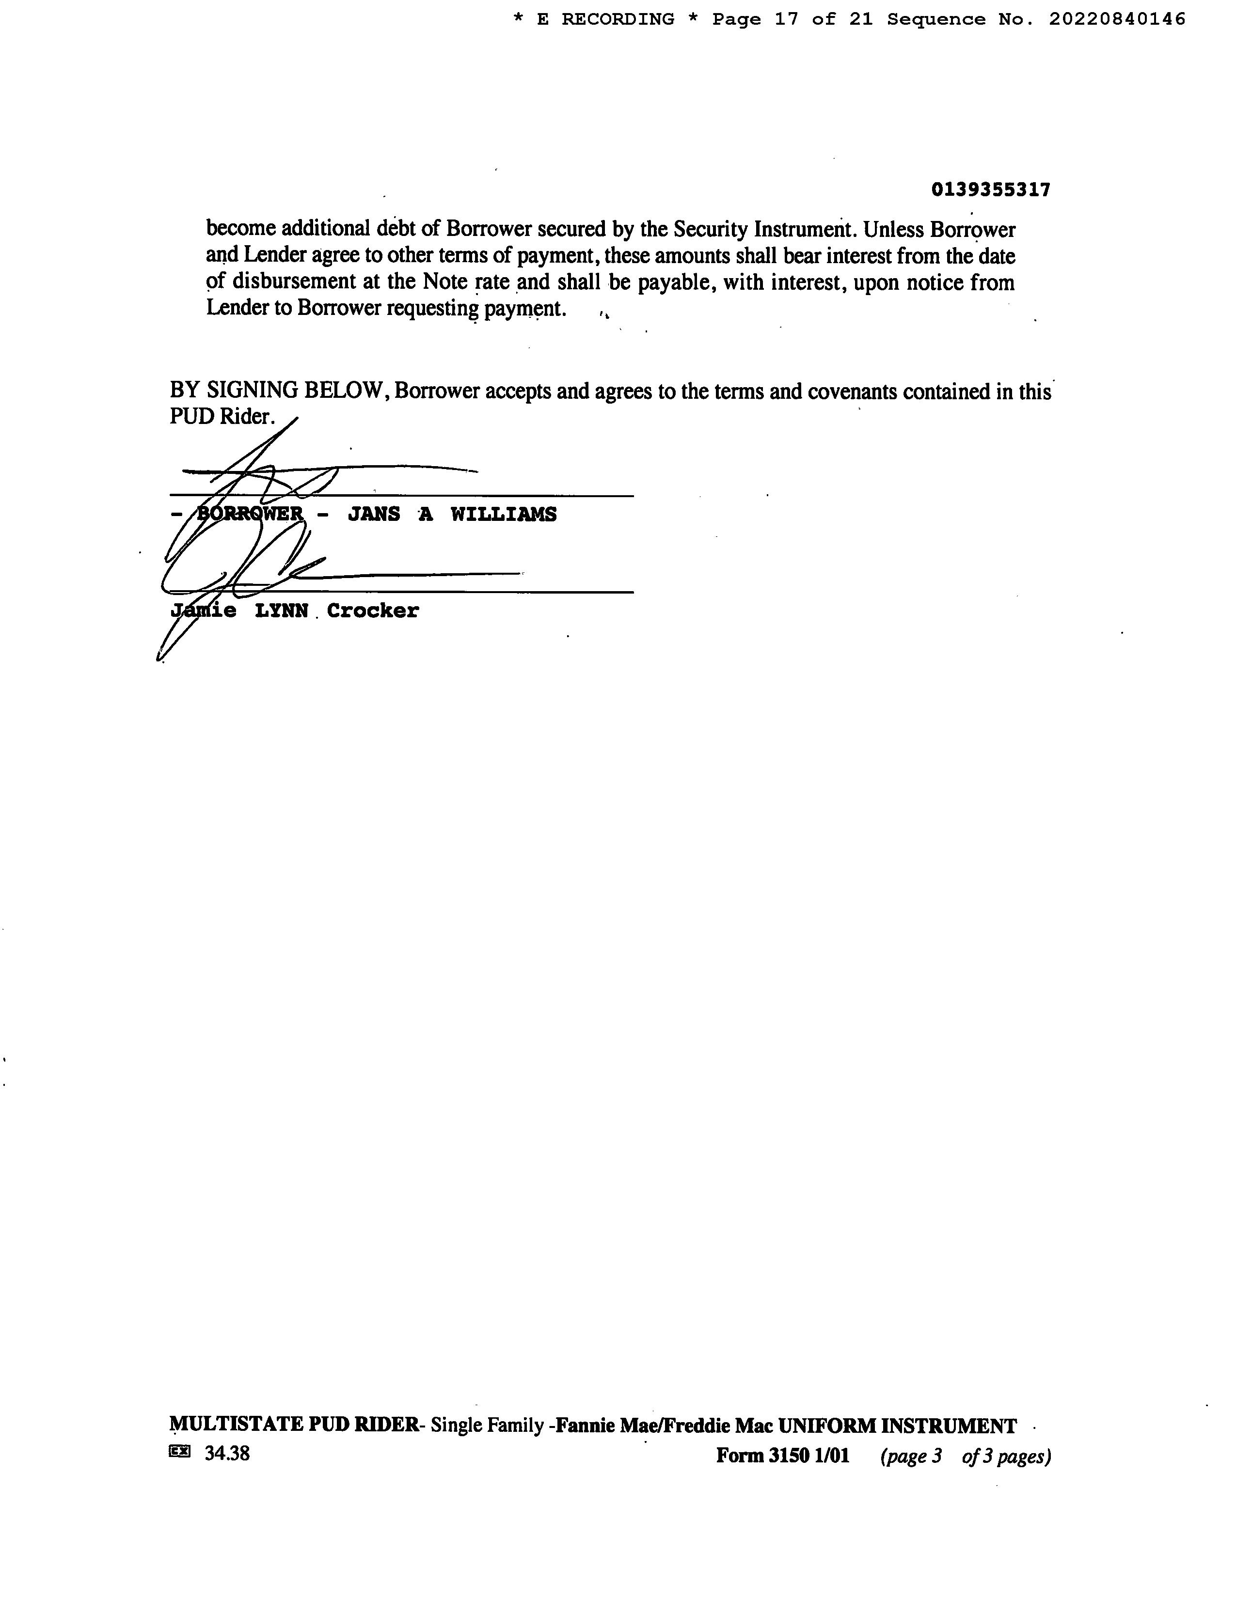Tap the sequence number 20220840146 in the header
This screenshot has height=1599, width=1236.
tap(1117, 20)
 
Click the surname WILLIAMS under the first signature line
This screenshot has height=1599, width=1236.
tap(503, 515)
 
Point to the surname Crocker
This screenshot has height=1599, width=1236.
tap(373, 611)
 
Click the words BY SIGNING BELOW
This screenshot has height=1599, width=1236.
tap(278, 391)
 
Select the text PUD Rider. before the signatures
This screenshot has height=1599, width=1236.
tap(222, 417)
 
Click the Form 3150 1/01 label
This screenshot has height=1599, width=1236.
tap(783, 1456)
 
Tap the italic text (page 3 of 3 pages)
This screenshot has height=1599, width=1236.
tap(965, 1456)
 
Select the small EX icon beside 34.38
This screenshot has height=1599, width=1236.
tap(179, 1452)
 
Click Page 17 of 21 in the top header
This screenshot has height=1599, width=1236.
tap(792, 20)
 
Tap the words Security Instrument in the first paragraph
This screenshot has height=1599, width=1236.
tap(762, 229)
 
